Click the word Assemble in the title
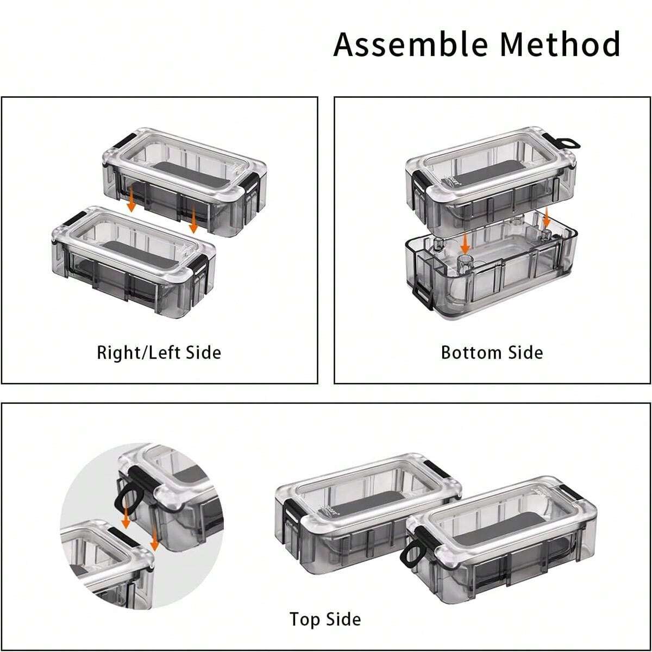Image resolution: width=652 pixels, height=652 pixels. point(410,45)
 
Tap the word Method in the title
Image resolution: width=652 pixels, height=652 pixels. point(560,44)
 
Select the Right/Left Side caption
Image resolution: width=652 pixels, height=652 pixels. point(159,353)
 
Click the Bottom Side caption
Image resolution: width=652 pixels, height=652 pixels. point(492,353)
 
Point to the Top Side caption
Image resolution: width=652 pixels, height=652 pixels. point(325,619)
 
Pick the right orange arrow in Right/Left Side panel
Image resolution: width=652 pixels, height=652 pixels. point(193,220)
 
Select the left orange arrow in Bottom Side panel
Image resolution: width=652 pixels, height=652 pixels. point(465,242)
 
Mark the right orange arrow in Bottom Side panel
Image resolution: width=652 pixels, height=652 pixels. point(547,217)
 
